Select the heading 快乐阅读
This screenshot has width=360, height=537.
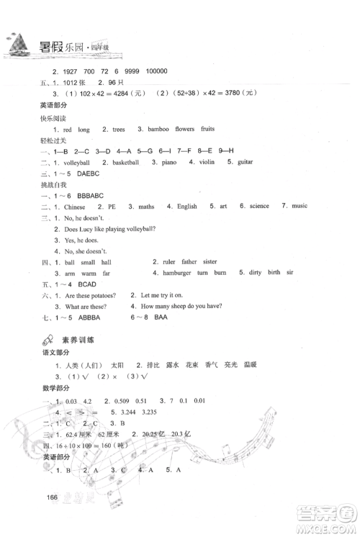pos(52,117)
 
